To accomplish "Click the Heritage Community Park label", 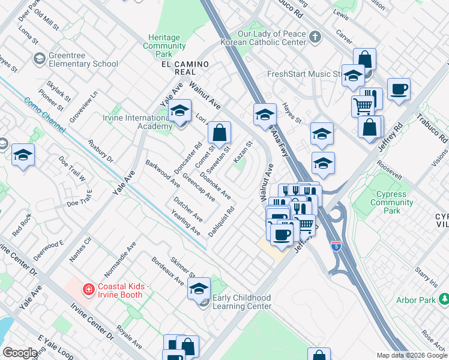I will pyautogui.click(x=164, y=46).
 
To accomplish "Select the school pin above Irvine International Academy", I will pyautogui.click(x=179, y=111).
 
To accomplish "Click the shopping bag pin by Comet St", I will pyautogui.click(x=220, y=133).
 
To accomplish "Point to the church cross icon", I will pyautogui.click(x=315, y=38).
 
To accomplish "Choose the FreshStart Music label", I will pyautogui.click(x=304, y=74).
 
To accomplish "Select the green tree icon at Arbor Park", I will pyautogui.click(x=444, y=299).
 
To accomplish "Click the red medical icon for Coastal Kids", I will pyautogui.click(x=89, y=290).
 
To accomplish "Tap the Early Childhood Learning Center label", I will pyautogui.click(x=242, y=302).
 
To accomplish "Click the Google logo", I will pyautogui.click(x=20, y=353).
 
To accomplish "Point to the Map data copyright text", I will pyautogui.click(x=411, y=355).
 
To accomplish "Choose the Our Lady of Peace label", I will pyautogui.click(x=272, y=35).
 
